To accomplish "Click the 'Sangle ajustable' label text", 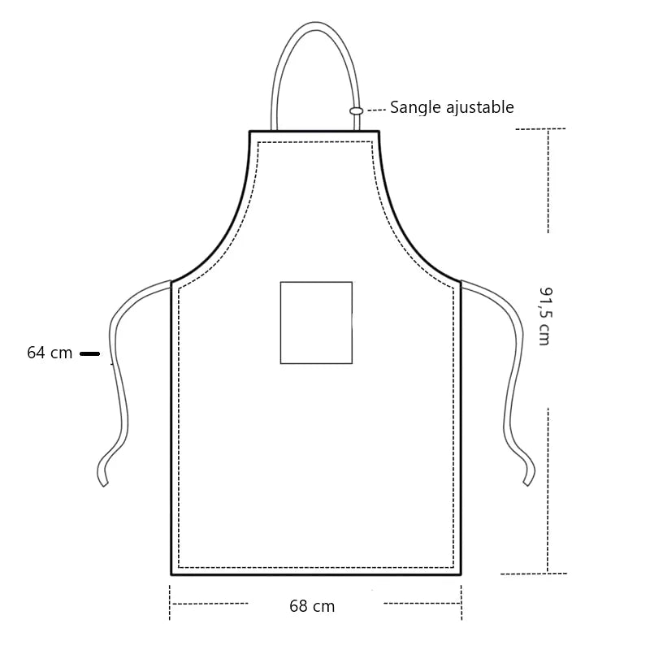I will coord(452,107).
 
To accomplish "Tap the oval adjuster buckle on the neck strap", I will coord(356,110).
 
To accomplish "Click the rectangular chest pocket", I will coord(316,323).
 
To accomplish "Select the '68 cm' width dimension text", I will coord(312,606).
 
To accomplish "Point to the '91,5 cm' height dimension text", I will coord(544,316).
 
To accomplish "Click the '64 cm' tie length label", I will coord(50,353).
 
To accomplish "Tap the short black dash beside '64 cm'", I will coord(89,353).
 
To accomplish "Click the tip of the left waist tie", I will coord(103,482).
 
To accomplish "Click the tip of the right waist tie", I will coord(529,482).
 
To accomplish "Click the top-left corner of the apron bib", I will coord(250,132).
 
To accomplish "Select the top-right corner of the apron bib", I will coord(379,132).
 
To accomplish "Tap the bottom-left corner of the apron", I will coord(171,574).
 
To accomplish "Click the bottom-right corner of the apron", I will coord(461,574).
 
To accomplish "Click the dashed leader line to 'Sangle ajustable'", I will coord(375,109).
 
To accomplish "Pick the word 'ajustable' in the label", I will coord(479,107).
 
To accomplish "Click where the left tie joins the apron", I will coord(171,284).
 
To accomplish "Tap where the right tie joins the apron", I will coord(461,284).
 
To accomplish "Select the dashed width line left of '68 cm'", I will coord(210,604).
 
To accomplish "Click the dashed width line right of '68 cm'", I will coord(421,604).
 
